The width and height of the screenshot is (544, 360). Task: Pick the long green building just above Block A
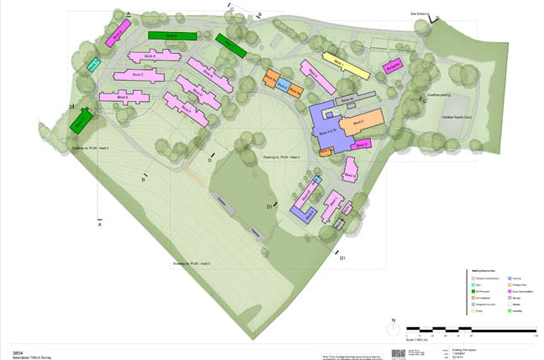click(x=172, y=35)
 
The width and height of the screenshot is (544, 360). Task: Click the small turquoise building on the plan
click(x=93, y=64)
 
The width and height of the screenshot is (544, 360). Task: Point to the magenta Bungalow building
click(x=393, y=65)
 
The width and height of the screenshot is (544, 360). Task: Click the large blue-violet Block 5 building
click(x=330, y=130)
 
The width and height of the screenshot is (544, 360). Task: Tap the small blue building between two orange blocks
click(x=283, y=85)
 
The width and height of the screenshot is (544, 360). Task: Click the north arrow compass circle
click(x=393, y=331)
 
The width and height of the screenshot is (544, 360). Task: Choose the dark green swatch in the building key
click(x=472, y=288)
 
